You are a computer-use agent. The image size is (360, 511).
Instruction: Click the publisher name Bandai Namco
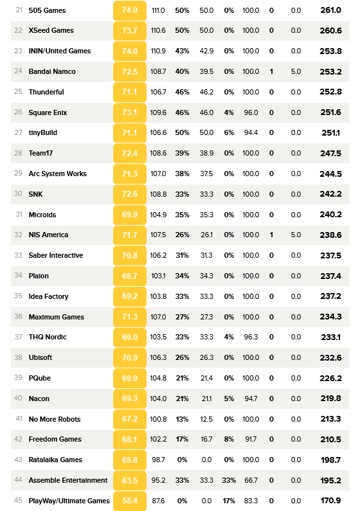click(52, 71)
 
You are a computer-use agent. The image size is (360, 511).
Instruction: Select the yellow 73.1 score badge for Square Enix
click(130, 112)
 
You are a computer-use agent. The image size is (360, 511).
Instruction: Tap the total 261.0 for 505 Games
click(330, 10)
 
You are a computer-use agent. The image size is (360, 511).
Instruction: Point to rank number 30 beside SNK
click(18, 194)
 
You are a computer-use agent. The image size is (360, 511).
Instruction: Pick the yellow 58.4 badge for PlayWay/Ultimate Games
click(130, 501)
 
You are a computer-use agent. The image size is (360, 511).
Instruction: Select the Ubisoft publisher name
click(40, 357)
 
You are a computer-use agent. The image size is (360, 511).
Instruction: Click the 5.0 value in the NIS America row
click(296, 235)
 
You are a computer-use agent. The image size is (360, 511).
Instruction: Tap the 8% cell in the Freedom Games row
click(229, 439)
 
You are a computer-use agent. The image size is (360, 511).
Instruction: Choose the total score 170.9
click(330, 501)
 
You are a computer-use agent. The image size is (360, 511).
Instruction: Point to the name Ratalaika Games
click(55, 460)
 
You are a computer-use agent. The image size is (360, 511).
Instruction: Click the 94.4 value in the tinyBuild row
click(251, 132)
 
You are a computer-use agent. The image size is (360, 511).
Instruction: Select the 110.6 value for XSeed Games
click(158, 30)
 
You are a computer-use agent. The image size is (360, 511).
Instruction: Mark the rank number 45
click(18, 500)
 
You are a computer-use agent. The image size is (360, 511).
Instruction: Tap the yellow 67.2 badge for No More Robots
click(130, 419)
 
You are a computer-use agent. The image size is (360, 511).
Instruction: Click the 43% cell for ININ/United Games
click(182, 51)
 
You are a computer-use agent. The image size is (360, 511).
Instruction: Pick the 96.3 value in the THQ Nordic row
click(251, 337)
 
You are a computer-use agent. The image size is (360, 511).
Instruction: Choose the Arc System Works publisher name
click(58, 174)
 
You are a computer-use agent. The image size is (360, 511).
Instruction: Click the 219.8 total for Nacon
click(330, 399)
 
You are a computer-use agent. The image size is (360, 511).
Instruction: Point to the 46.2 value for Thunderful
click(206, 92)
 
